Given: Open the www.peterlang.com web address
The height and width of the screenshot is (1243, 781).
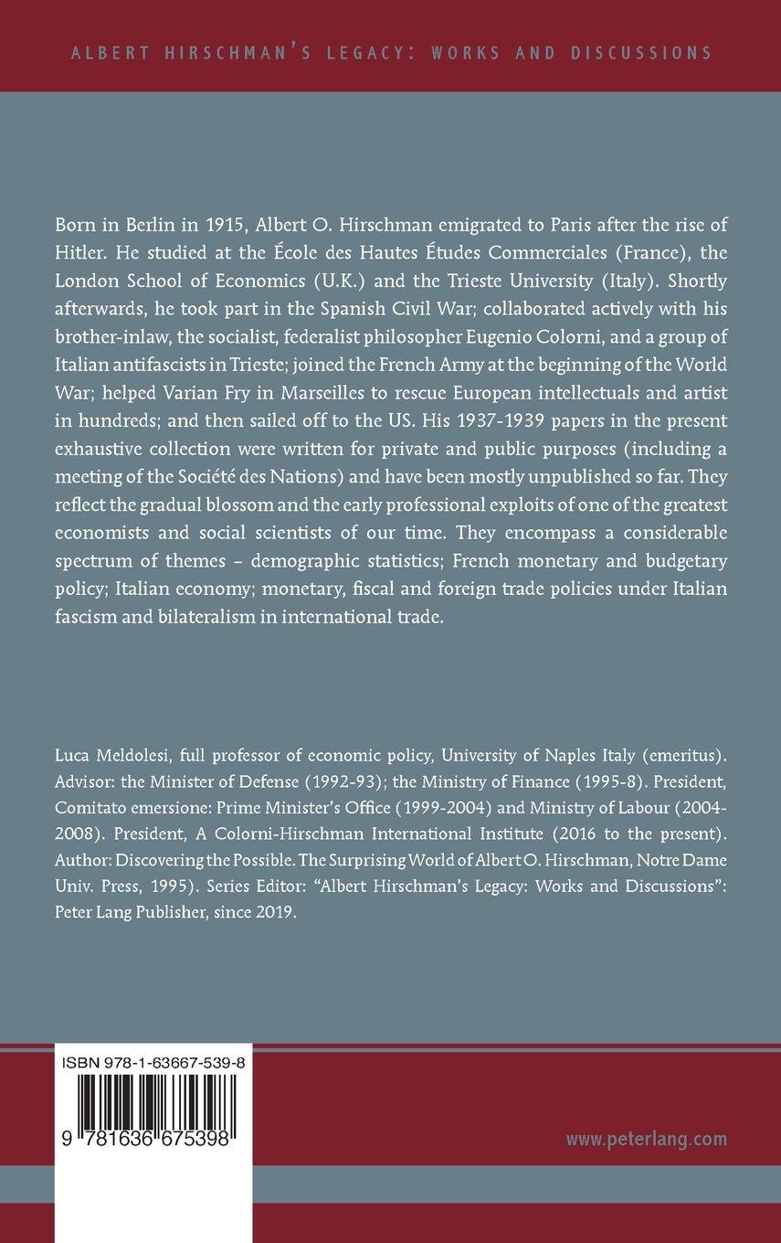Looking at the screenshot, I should [646, 1138].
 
